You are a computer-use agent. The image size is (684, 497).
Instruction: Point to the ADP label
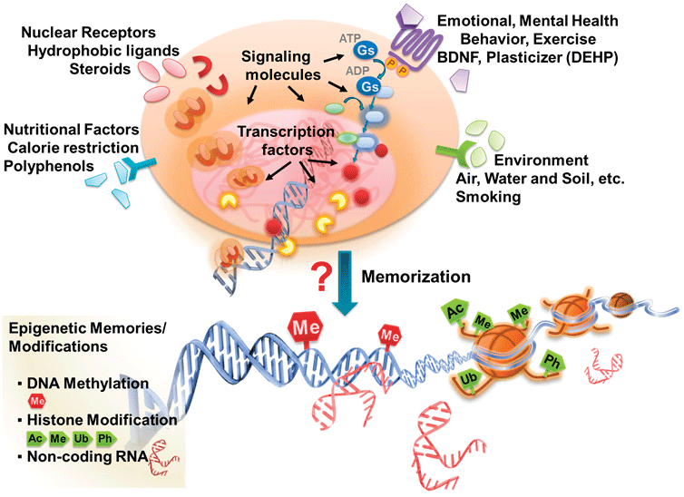pyautogui.click(x=347, y=67)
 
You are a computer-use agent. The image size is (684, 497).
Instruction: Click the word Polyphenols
pyautogui.click(x=46, y=164)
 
